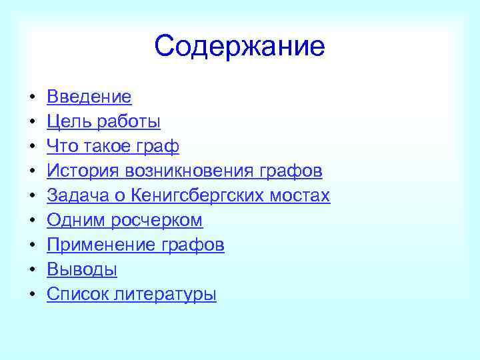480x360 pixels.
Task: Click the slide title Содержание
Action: click(239, 46)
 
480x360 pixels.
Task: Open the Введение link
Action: click(89, 97)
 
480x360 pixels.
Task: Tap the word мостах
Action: click(303, 196)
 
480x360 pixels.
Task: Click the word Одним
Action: click(74, 221)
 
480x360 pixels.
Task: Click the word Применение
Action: click(101, 245)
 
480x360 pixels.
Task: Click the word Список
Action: click(76, 295)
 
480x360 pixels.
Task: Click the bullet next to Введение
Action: click(31, 98)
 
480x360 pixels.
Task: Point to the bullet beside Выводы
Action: click(31, 271)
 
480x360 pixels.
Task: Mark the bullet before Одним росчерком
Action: click(31, 221)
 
